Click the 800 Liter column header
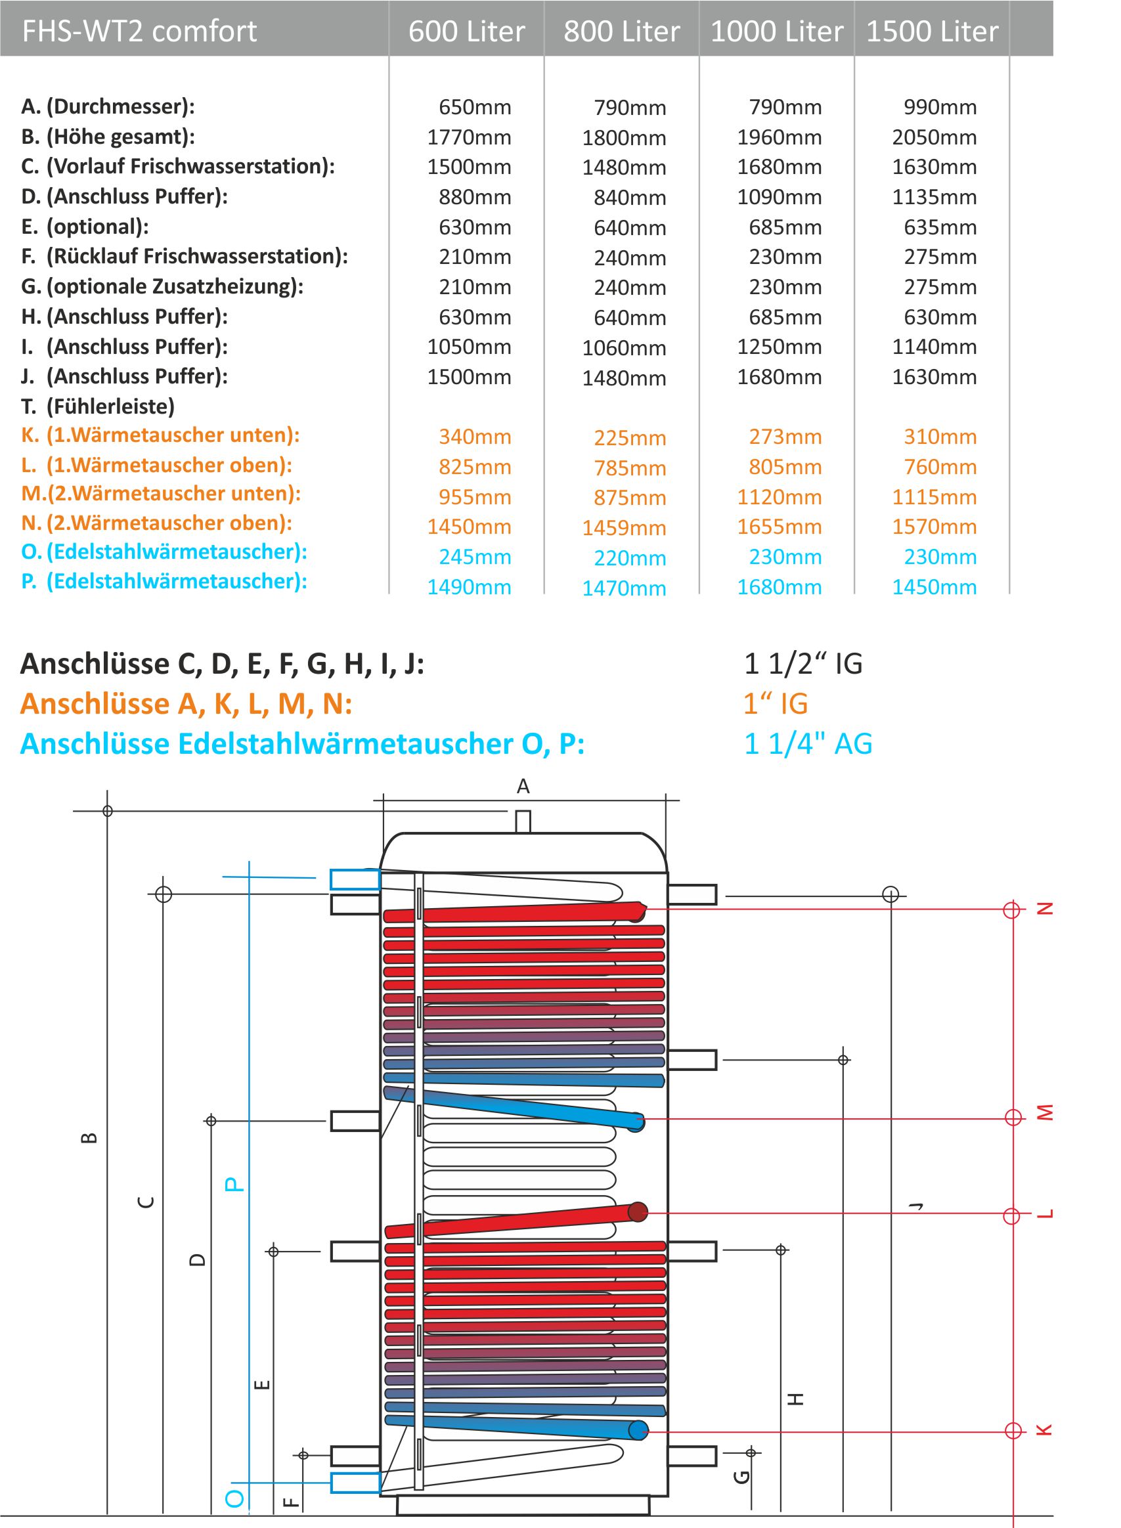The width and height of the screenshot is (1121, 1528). [x=621, y=32]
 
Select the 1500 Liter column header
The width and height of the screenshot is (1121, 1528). [x=933, y=32]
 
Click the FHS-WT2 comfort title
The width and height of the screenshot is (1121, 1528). [x=139, y=32]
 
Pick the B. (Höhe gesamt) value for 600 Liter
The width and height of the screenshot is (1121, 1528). [x=469, y=137]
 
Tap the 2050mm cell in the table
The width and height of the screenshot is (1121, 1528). [x=934, y=137]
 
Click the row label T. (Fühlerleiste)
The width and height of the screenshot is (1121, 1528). [x=98, y=406]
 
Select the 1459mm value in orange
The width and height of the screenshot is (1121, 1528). [x=624, y=528]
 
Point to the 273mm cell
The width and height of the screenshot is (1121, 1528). [x=785, y=437]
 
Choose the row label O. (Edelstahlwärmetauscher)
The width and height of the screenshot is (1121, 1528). [x=164, y=552]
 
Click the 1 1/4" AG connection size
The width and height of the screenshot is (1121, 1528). [x=808, y=744]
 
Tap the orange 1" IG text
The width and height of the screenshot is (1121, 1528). [x=776, y=704]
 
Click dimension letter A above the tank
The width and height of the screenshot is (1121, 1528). [x=523, y=787]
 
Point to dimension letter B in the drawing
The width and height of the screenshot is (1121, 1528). [x=89, y=1138]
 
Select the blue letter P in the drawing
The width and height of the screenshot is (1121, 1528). [x=233, y=1185]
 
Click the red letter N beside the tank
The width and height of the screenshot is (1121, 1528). [x=1045, y=909]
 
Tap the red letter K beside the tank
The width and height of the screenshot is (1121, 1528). [x=1045, y=1430]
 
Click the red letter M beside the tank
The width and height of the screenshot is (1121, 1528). [x=1045, y=1113]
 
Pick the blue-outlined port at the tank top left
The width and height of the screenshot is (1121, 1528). [x=355, y=879]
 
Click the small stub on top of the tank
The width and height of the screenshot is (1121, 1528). [x=523, y=821]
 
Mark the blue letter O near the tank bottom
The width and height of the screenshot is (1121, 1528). [x=234, y=1499]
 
